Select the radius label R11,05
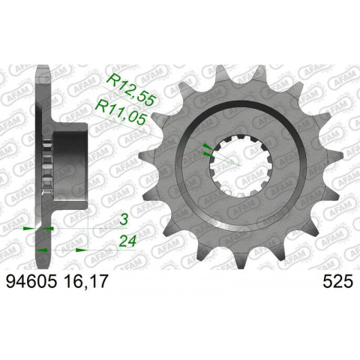tap(124, 108)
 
